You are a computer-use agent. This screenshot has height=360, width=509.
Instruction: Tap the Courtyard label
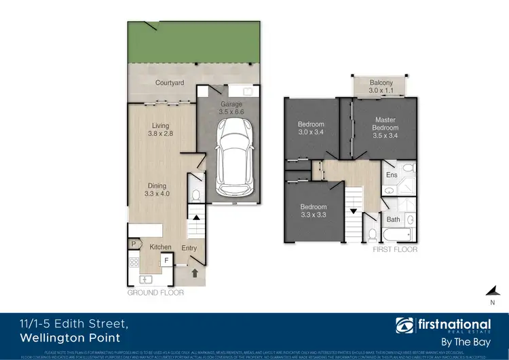coord(170,83)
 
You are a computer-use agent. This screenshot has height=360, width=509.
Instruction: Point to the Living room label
coord(160,126)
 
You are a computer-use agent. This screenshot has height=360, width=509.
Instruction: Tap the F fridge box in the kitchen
coord(166,259)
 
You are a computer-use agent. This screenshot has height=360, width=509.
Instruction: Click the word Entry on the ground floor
coord(189,248)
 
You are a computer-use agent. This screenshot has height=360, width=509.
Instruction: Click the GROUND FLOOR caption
coord(153,293)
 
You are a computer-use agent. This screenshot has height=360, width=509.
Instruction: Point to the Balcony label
coord(381,82)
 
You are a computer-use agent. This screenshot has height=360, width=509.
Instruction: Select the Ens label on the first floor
coord(392,175)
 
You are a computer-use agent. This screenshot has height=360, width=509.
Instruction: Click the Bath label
coord(394,219)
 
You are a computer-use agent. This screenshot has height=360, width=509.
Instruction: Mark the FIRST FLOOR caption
coord(394,250)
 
